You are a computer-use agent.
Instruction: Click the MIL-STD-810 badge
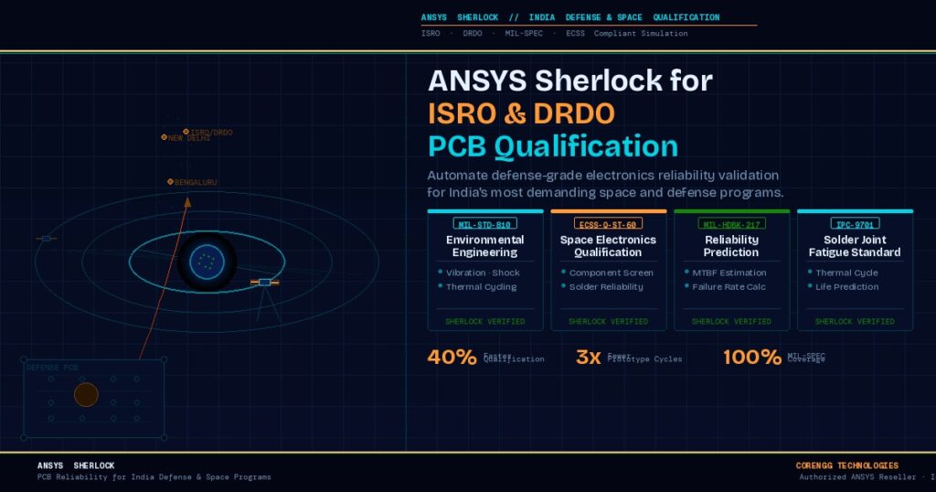pos(484,223)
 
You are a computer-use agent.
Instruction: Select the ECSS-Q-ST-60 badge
pos(608,223)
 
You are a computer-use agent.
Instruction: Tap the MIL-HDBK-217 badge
pos(731,223)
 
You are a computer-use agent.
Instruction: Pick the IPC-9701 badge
pos(855,223)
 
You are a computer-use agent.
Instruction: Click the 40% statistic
pos(452,358)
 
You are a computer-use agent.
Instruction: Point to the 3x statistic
pos(588,358)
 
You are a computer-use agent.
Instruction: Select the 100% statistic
pos(752,358)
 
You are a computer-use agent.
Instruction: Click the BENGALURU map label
pos(195,182)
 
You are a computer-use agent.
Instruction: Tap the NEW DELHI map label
pos(188,138)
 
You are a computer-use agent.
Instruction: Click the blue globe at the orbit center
pos(207,262)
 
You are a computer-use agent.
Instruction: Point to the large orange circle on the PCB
pos(86,395)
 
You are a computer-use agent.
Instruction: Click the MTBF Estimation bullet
pos(724,273)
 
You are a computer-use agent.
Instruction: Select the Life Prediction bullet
pos(847,286)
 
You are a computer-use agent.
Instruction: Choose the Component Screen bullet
pos(611,273)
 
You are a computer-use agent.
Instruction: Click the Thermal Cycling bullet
pos(481,286)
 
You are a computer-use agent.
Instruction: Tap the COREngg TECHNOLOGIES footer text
pos(846,465)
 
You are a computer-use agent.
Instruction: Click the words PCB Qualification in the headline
pos(553,146)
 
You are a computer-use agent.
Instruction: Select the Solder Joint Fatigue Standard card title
pos(855,246)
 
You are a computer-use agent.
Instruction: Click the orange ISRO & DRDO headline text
pos(521,113)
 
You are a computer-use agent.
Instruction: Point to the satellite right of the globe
pos(264,283)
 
